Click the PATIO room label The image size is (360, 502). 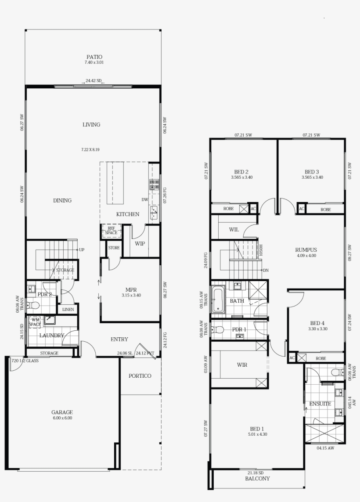(94, 57)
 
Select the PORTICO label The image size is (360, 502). (140, 376)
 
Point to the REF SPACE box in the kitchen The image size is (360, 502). (111, 231)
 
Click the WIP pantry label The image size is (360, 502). (140, 243)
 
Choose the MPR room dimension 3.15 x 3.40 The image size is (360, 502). (131, 295)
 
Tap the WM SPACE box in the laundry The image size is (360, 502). (35, 322)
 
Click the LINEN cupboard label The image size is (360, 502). (68, 310)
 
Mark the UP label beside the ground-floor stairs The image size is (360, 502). (82, 250)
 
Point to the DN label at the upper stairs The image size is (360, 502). (266, 271)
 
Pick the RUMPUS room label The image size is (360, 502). (306, 250)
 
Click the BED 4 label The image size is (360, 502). (318, 323)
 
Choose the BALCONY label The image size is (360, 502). (257, 478)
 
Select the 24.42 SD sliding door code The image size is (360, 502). (94, 81)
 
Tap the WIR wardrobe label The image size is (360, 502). (242, 365)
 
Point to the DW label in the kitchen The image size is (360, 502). (144, 199)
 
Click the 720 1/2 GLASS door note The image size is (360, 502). (25, 361)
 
